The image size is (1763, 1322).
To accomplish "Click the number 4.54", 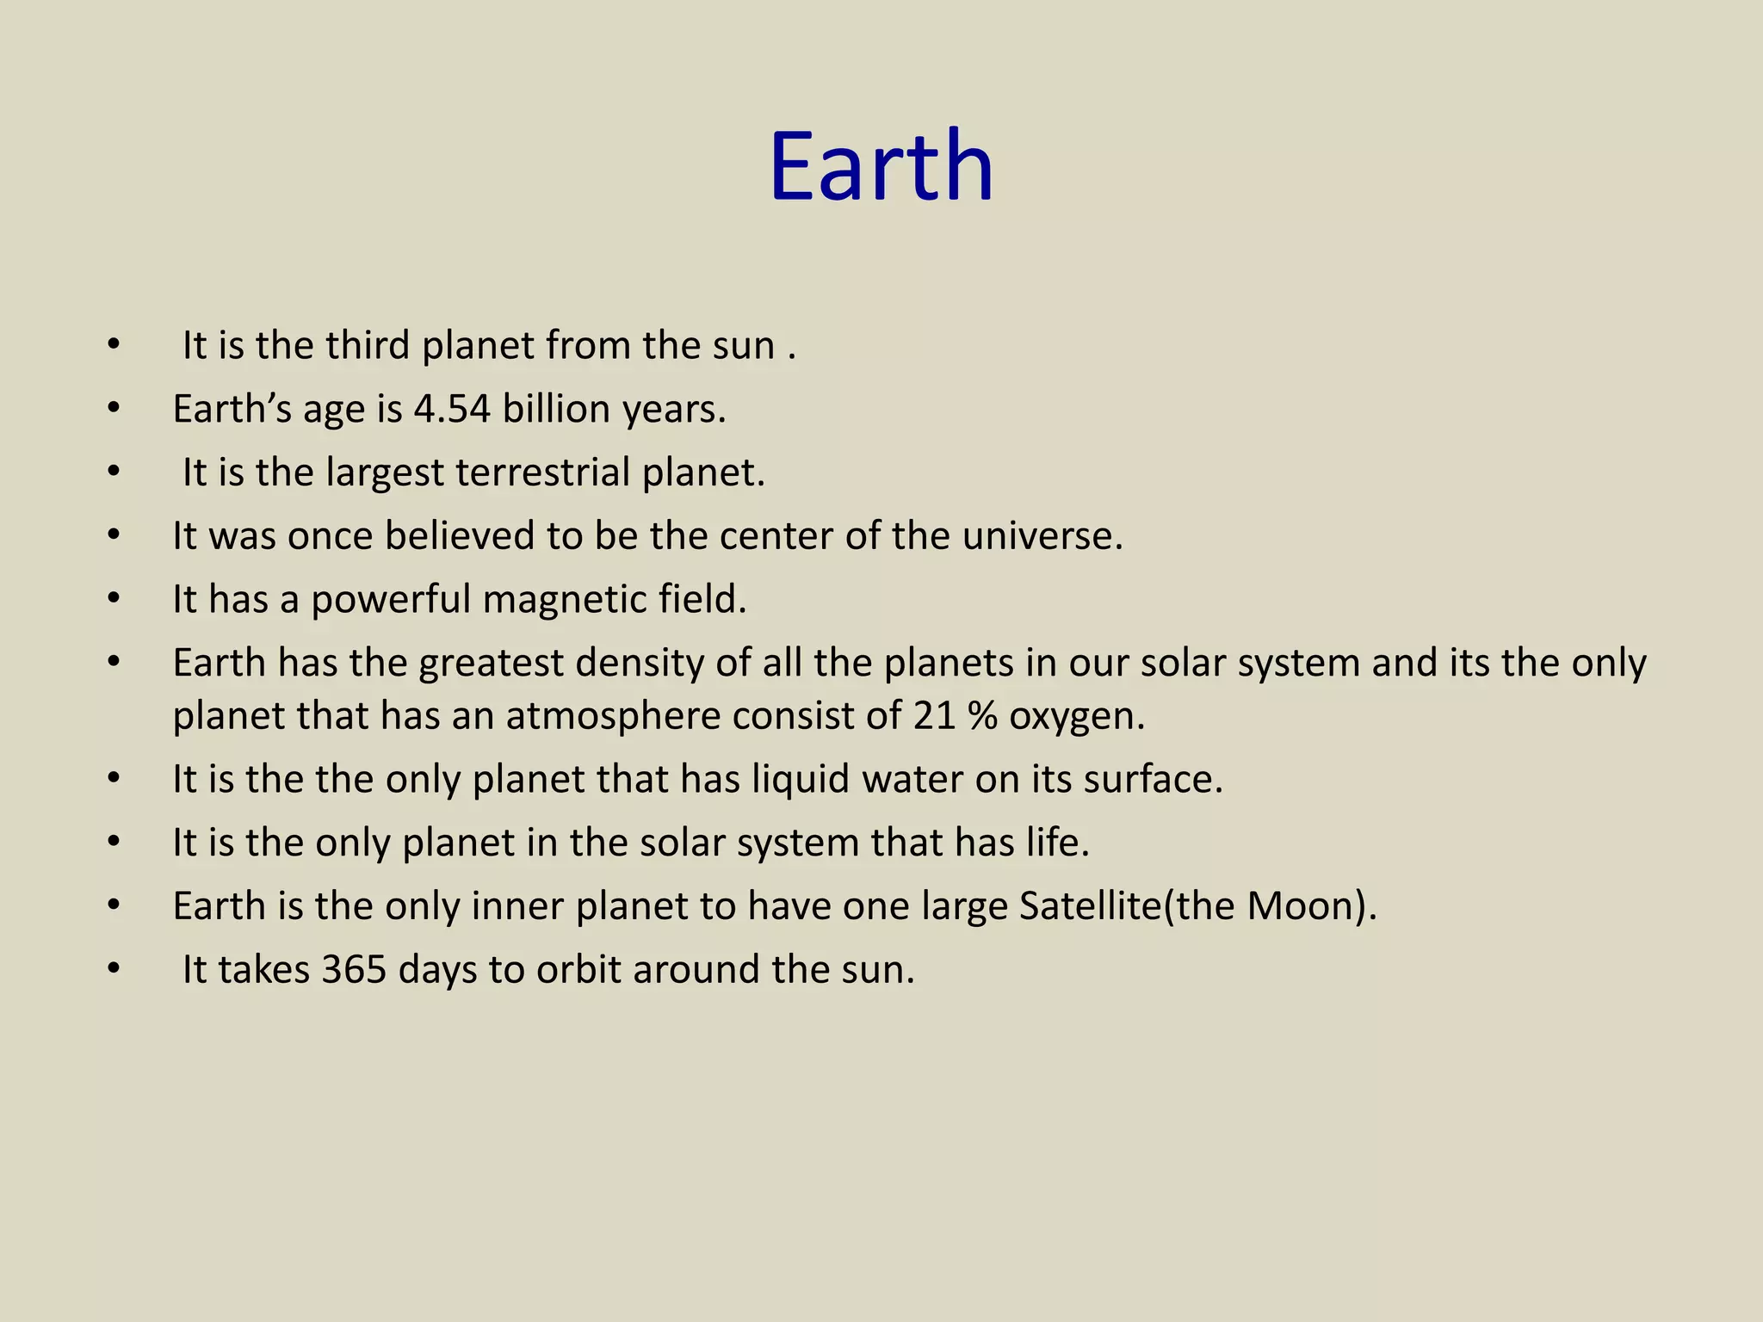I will pyautogui.click(x=452, y=409).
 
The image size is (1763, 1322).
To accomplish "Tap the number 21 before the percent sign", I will pyautogui.click(x=935, y=716).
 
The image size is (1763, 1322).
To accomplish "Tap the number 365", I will pyautogui.click(x=354, y=970).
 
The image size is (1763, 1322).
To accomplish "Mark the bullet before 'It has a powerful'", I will pyautogui.click(x=114, y=600).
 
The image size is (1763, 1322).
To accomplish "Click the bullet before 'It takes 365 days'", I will pyautogui.click(x=114, y=970).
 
